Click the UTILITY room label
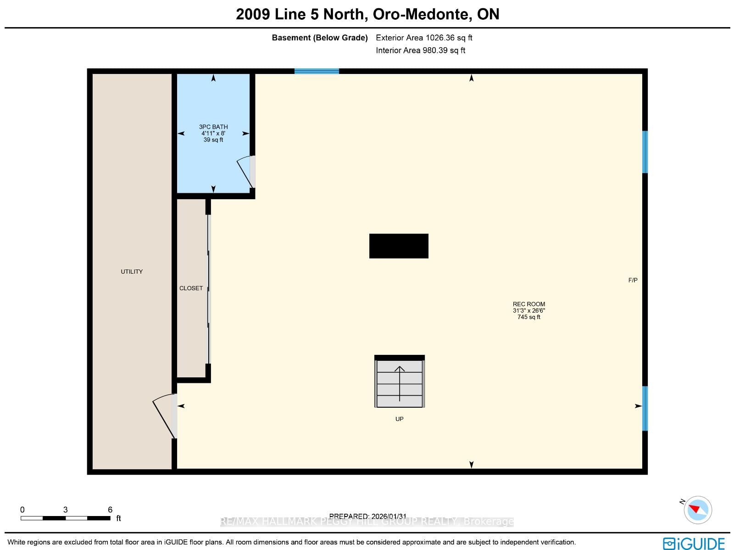pos(132,272)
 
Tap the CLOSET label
pos(191,288)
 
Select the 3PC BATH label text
pos(213,127)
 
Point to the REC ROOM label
pos(528,304)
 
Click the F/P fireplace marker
pos(633,281)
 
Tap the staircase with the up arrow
pos(399,382)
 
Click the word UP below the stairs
pos(399,419)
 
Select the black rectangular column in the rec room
pos(399,246)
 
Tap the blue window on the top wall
pos(317,71)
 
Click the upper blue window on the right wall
pos(645,152)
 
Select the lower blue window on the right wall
pos(645,409)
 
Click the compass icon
pos(698,510)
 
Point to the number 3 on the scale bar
pos(65,510)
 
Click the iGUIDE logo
pos(694,543)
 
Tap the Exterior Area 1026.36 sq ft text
pos(424,38)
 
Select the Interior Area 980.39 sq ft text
pos(420,51)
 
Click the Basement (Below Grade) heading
pos(320,38)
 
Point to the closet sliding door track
pos(209,289)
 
